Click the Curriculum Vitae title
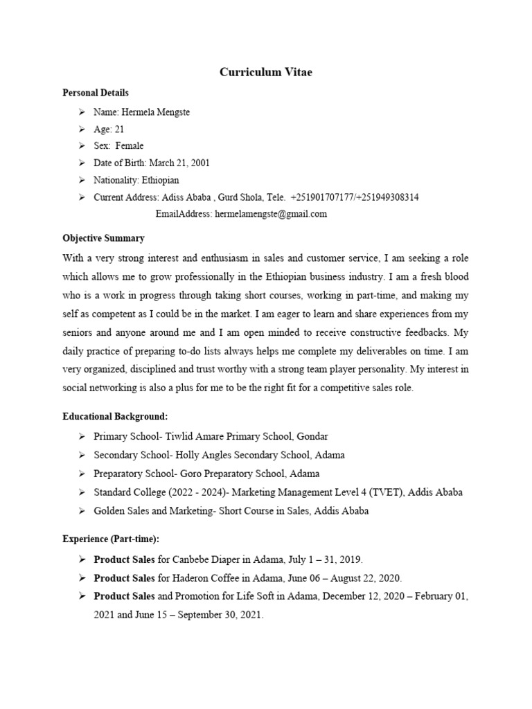[266, 72]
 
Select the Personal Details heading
[96, 93]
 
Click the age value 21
[119, 129]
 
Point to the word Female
[130, 146]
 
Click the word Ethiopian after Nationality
[160, 181]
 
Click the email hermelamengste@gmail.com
[271, 215]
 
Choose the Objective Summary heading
[104, 238]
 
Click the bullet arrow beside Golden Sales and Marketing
[81, 511]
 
